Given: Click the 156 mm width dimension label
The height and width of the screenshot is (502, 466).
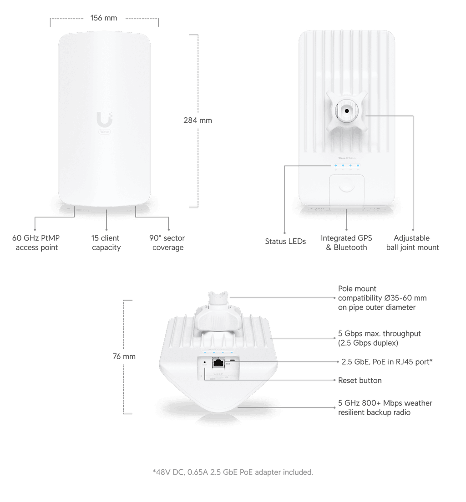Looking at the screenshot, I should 104,18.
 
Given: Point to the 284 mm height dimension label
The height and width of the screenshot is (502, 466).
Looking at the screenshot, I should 198,120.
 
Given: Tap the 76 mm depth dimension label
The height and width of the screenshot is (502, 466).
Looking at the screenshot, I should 123,356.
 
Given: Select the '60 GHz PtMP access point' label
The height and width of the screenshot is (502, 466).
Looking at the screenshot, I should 36,243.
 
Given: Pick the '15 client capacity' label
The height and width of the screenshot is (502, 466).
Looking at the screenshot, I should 106,243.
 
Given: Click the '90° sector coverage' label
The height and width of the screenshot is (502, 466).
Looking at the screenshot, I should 167,243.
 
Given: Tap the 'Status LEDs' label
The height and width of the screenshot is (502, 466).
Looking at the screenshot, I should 285,241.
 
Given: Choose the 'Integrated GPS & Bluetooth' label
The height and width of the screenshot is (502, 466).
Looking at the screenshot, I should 346,243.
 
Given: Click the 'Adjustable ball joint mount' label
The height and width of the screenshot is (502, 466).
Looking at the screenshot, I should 413,243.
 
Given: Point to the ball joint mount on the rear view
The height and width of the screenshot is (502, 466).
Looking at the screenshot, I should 347,110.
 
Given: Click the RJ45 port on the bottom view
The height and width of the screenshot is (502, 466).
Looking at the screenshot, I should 218,362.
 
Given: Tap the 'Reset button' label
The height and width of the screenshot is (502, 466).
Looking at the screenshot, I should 360,380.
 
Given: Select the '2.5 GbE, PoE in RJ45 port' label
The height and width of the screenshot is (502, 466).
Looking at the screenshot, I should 386,361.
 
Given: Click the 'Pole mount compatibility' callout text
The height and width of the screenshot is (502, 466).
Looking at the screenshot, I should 382,298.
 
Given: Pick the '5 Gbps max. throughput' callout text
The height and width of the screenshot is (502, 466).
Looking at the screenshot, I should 380,338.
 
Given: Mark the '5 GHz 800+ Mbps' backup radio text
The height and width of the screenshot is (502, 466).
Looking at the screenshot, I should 385,407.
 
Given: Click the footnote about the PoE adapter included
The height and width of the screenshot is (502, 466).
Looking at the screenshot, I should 233,472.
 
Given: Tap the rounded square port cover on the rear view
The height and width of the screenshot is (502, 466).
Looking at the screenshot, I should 347,187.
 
